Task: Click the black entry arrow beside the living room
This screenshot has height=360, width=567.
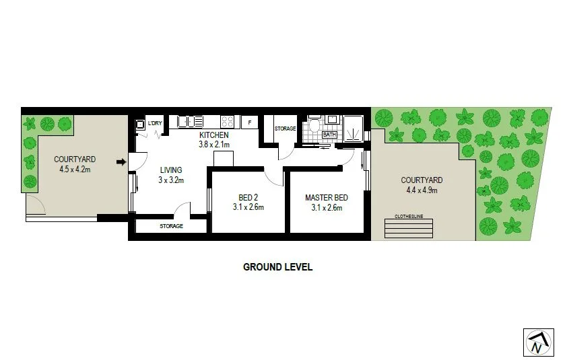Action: click(121, 161)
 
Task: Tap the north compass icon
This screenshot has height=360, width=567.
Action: click(538, 342)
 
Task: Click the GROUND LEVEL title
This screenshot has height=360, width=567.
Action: click(277, 266)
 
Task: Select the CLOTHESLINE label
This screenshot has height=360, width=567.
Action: click(410, 217)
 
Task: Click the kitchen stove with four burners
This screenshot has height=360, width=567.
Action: click(228, 122)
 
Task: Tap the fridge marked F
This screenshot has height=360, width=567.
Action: click(250, 122)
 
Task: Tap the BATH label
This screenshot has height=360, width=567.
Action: click(329, 135)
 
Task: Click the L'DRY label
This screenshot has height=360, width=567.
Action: click(155, 122)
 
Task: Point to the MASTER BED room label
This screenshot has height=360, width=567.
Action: click(327, 198)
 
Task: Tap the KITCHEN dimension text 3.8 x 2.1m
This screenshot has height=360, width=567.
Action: click(214, 144)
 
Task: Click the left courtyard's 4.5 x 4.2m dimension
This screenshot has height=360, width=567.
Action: click(75, 169)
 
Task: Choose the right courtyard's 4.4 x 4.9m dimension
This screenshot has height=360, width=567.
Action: click(422, 190)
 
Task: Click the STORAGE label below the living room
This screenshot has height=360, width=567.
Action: click(171, 226)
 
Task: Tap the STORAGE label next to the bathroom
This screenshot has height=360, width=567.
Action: click(285, 129)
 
